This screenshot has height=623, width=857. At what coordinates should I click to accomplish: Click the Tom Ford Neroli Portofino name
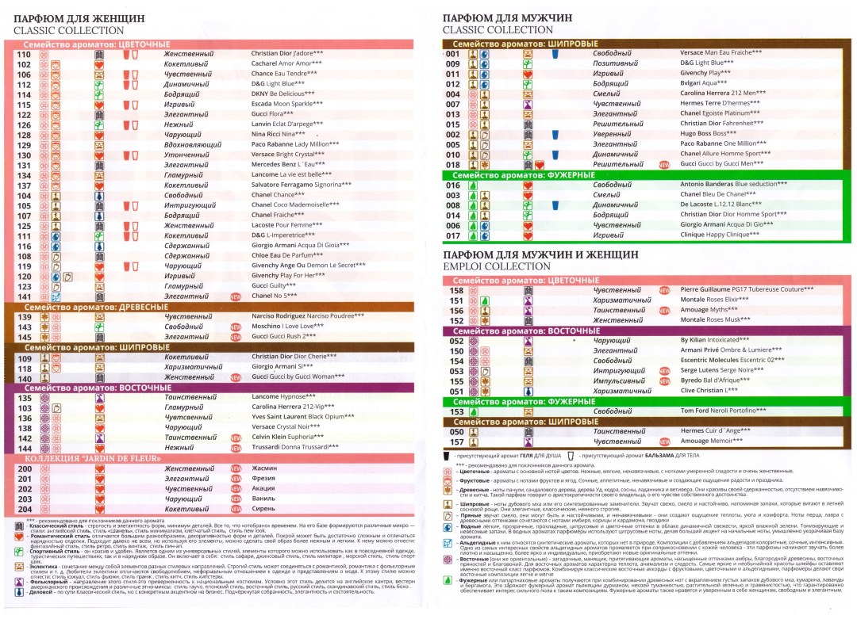(723, 411)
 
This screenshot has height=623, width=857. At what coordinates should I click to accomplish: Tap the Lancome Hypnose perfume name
(277, 398)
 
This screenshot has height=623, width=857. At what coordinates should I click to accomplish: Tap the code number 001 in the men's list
(454, 53)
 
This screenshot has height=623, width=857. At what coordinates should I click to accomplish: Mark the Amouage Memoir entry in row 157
(712, 441)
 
